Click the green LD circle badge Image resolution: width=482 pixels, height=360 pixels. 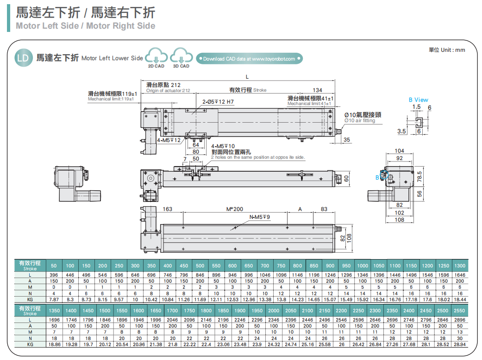click(x=23, y=58)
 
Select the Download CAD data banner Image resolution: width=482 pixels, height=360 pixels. click(x=249, y=59)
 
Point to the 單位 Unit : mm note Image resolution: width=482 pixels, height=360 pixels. click(x=446, y=50)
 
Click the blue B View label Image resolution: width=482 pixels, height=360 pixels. click(x=418, y=99)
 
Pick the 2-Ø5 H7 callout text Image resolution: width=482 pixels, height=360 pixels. click(x=218, y=102)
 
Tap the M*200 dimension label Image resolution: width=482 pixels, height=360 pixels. click(x=235, y=209)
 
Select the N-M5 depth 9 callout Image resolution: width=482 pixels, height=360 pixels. click(x=260, y=217)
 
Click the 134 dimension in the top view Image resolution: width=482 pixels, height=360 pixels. click(x=317, y=90)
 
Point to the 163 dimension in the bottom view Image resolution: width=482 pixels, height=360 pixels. click(x=167, y=209)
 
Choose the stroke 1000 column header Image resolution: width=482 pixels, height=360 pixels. click(x=363, y=266)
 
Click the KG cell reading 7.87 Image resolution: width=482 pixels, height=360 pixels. click(x=54, y=299)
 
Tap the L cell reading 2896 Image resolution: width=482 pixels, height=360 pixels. click(x=460, y=320)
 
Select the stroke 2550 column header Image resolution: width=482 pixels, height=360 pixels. click(x=460, y=311)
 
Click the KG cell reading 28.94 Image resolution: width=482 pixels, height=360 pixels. click(x=460, y=344)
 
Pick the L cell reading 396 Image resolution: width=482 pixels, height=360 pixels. click(x=54, y=275)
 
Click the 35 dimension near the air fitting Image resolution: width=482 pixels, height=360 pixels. click(x=346, y=140)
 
